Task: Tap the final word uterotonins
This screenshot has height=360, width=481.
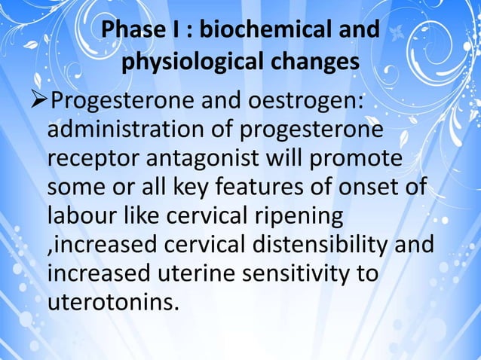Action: click(x=110, y=305)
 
